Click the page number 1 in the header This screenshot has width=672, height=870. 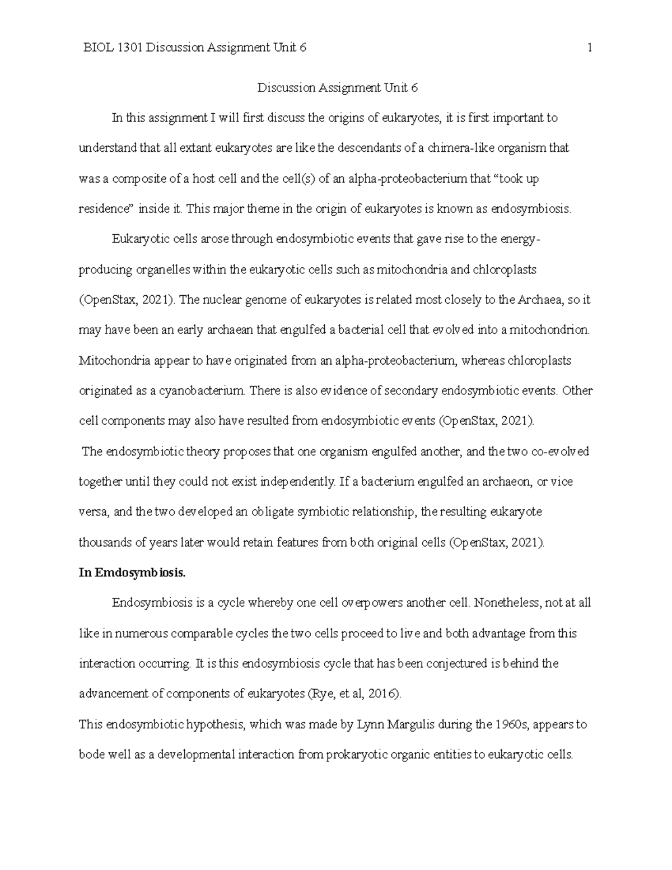[x=590, y=48]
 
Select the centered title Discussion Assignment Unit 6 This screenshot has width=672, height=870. [x=338, y=88]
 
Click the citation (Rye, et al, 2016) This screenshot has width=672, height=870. [x=355, y=694]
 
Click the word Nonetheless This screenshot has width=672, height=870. [x=509, y=603]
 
